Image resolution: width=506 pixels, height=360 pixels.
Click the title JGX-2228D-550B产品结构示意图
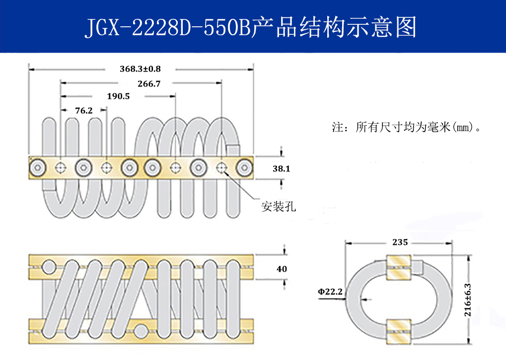[250, 28]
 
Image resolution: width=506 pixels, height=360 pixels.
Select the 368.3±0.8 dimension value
[140, 69]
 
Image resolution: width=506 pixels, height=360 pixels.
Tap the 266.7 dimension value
[149, 84]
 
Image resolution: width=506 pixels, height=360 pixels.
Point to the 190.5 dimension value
[118, 96]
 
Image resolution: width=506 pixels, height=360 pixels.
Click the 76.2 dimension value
[83, 111]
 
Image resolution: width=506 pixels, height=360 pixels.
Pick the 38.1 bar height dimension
[281, 169]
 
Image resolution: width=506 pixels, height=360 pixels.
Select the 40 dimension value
[282, 269]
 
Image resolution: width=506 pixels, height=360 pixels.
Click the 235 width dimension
[400, 242]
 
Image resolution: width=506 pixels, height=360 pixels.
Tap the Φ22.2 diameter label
[330, 292]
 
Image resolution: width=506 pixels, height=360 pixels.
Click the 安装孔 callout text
[279, 207]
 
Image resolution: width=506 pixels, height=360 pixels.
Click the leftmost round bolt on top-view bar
[38, 168]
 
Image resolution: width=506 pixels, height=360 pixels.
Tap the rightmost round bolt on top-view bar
[244, 168]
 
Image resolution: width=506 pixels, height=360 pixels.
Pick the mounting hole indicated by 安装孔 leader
[221, 168]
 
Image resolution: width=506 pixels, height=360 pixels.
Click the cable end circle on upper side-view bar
[49, 268]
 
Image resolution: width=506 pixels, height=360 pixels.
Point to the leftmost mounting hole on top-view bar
[61, 168]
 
